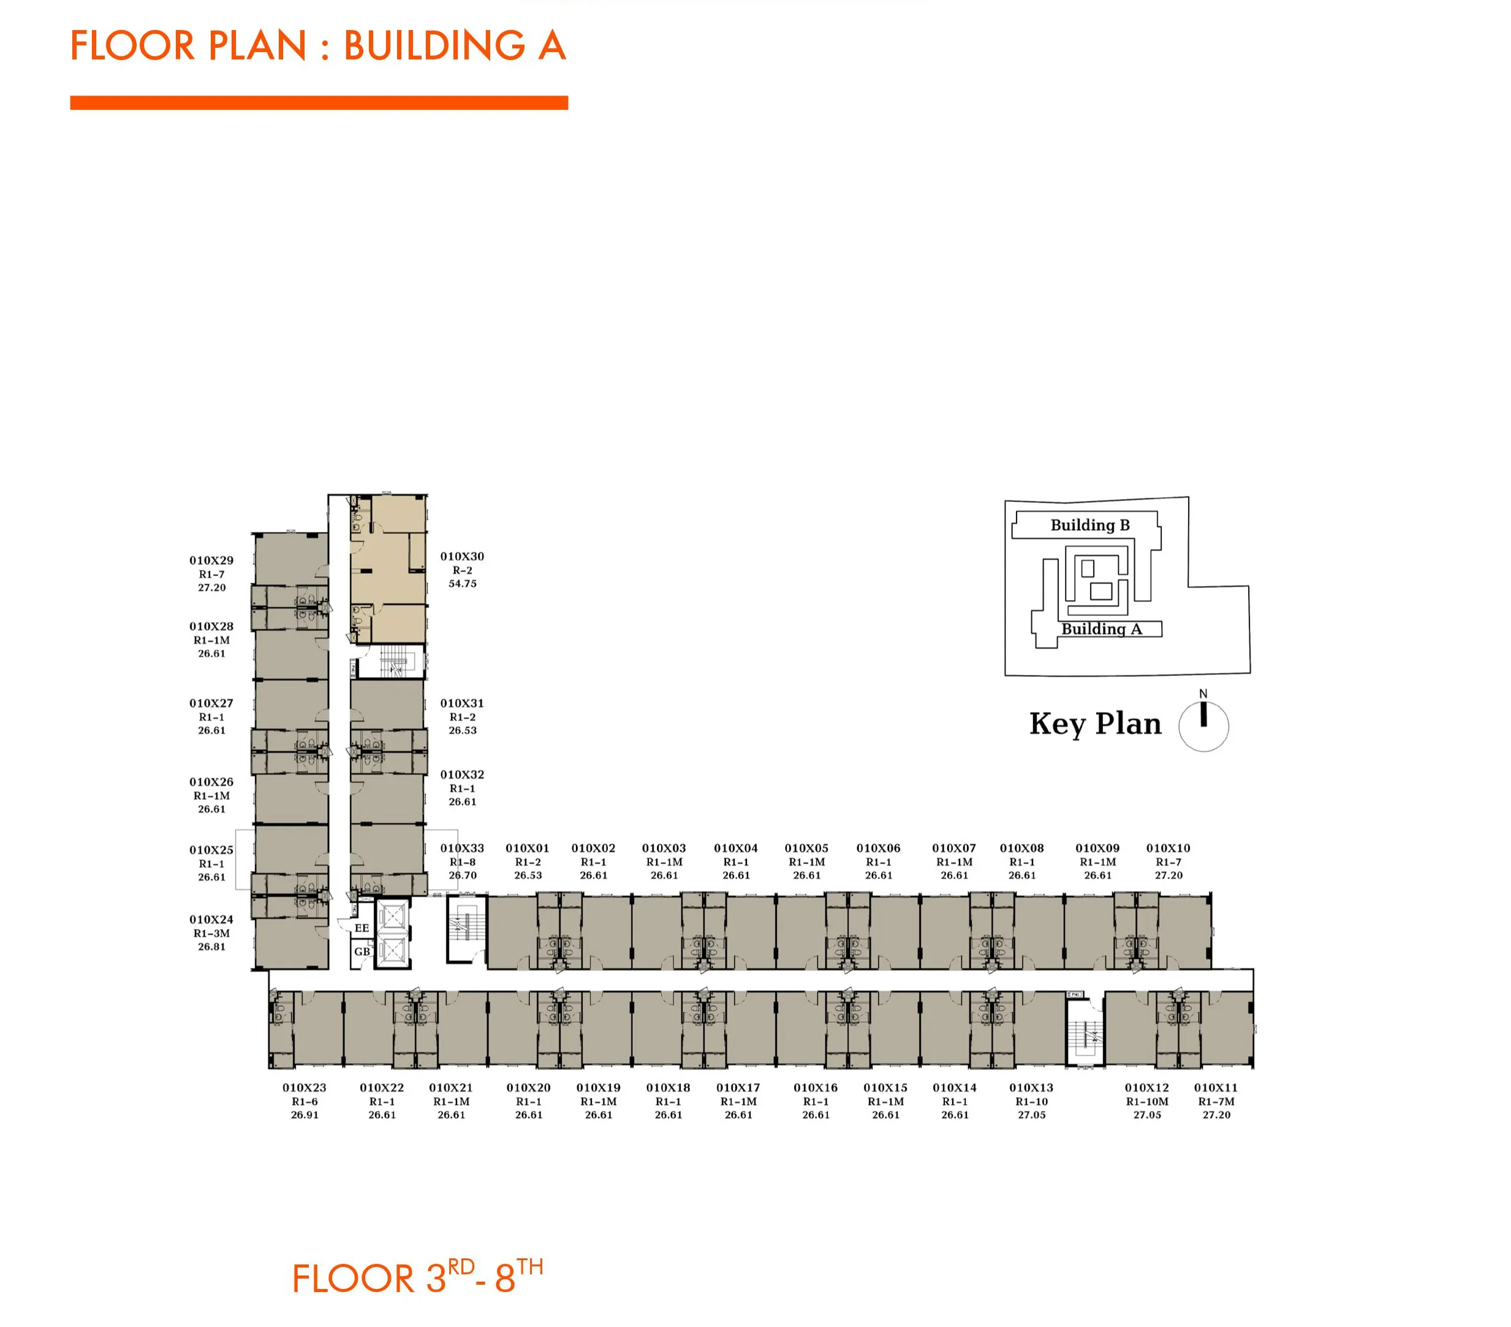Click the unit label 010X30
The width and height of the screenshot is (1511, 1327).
462,557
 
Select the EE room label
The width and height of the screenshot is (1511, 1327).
362,928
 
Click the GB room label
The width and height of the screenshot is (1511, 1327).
362,951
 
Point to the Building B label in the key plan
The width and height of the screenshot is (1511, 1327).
1091,525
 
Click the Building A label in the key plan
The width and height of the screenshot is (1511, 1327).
1102,629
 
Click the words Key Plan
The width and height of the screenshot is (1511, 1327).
1096,724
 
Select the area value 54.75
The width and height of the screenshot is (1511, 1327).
462,584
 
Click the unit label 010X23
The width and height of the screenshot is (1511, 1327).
305,1088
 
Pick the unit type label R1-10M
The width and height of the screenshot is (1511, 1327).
1147,1101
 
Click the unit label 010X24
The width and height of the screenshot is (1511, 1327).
211,919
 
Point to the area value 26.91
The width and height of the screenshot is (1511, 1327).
305,1115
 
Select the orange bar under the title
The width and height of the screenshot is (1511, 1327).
319,103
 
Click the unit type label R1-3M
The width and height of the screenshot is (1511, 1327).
211,933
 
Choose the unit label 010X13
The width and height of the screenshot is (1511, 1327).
1031,1088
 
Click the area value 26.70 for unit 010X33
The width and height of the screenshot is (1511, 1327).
463,875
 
